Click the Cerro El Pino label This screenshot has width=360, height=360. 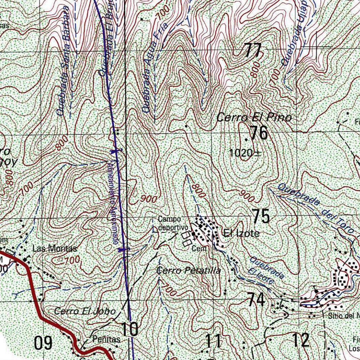click(254, 117)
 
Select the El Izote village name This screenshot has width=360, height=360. click(241, 233)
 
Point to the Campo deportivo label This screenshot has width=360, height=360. click(170, 224)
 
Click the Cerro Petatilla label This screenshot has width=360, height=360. click(188, 271)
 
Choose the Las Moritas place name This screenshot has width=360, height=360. click(54, 249)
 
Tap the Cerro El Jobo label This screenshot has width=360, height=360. click(85, 311)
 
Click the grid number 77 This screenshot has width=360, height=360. click(253, 50)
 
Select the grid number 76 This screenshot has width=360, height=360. click(259, 133)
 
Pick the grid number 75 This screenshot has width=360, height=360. click(261, 216)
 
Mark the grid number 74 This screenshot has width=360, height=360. click(256, 300)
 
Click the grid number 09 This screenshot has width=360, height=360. click(43, 343)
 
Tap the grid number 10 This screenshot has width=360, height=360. click(130, 329)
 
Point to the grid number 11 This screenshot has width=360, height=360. click(213, 341)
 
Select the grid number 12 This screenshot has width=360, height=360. click(301, 340)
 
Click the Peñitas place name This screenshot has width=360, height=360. click(106, 340)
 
